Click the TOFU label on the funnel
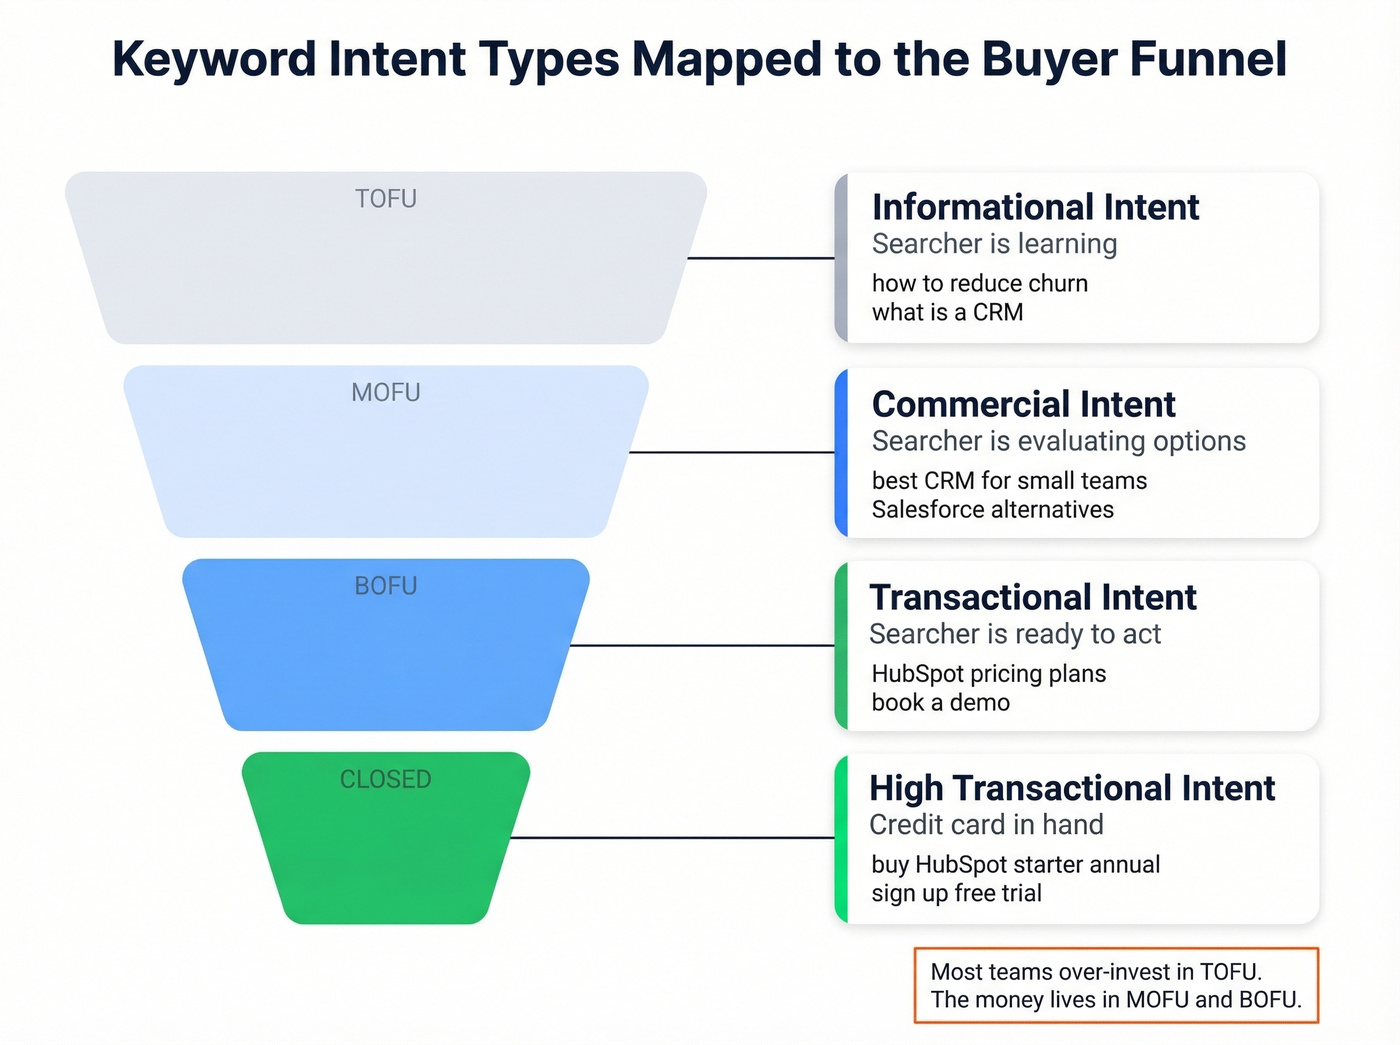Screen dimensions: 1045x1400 pos(386,199)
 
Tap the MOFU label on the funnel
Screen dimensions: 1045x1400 pos(386,393)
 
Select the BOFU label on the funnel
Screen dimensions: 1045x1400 pos(386,586)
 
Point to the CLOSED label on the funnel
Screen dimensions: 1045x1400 pos(386,779)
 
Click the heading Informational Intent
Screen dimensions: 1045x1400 pos(1035,207)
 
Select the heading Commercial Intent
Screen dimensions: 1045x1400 pos(1023,404)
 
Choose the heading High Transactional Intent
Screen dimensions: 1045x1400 pos(1072,788)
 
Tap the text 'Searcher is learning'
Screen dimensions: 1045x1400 pos(994,244)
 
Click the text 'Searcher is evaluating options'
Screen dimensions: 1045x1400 pos(1058,441)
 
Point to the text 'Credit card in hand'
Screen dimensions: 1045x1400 pos(986,825)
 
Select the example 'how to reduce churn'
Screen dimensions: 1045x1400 pos(979,283)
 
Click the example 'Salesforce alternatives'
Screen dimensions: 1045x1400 pos(992,510)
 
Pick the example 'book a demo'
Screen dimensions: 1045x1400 pos(940,703)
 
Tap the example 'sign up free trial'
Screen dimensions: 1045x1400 pos(956,893)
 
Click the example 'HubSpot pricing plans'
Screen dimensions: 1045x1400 pos(988,674)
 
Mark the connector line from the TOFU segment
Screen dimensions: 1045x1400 pos(760,258)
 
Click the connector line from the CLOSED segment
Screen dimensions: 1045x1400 pos(672,838)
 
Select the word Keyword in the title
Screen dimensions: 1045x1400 pos(214,59)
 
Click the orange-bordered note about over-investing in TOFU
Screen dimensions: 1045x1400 pos(1116,985)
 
